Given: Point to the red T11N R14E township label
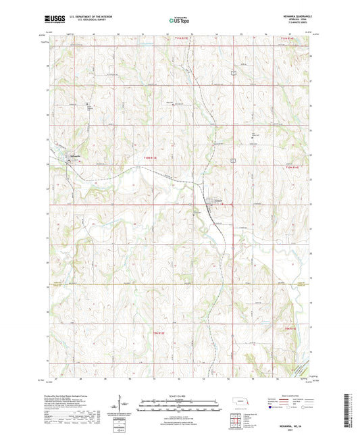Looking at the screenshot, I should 289,39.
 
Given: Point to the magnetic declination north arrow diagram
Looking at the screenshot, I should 120,403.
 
